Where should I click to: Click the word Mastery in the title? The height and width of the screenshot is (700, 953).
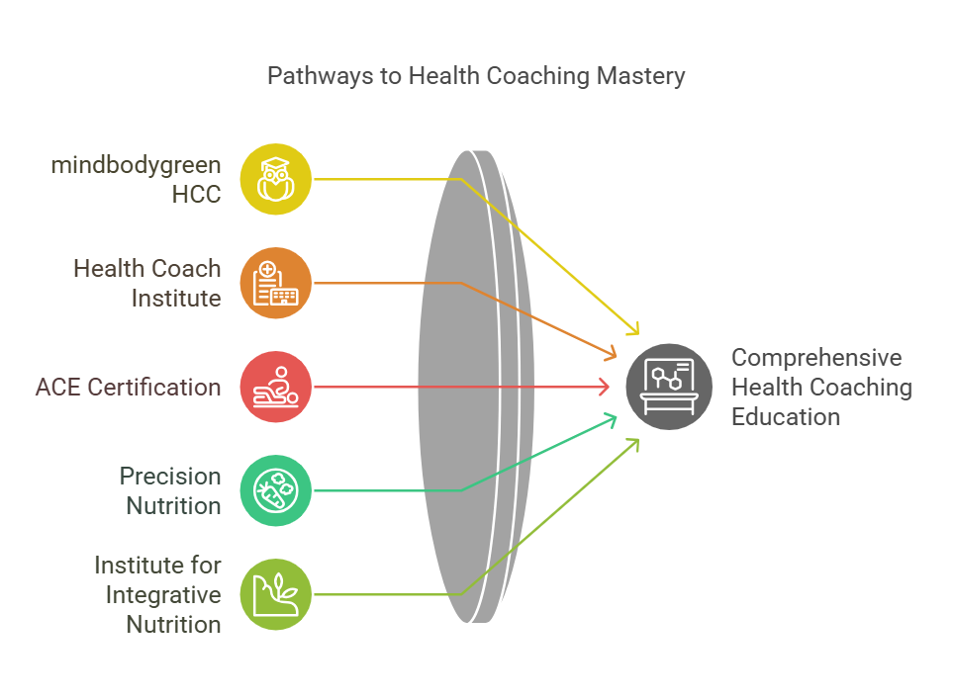640,76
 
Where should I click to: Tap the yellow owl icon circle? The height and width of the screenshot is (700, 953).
276,179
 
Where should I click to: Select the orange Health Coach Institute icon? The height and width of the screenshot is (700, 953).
276,283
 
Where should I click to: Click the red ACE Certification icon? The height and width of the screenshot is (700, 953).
276,387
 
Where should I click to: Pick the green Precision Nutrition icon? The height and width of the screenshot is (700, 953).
276,490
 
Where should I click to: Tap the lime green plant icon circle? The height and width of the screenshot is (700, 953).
276,594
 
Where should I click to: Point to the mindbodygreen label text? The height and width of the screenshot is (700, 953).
137,164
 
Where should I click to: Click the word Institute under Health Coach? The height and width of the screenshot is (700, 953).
176,298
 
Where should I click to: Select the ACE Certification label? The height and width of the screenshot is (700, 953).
129,387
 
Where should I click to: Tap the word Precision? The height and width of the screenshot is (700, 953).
170,476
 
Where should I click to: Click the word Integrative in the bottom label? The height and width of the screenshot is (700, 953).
163,594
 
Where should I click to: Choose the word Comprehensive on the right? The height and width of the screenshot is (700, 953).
816,357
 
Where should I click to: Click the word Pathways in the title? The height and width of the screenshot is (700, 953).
314,76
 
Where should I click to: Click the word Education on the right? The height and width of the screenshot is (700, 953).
786,416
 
